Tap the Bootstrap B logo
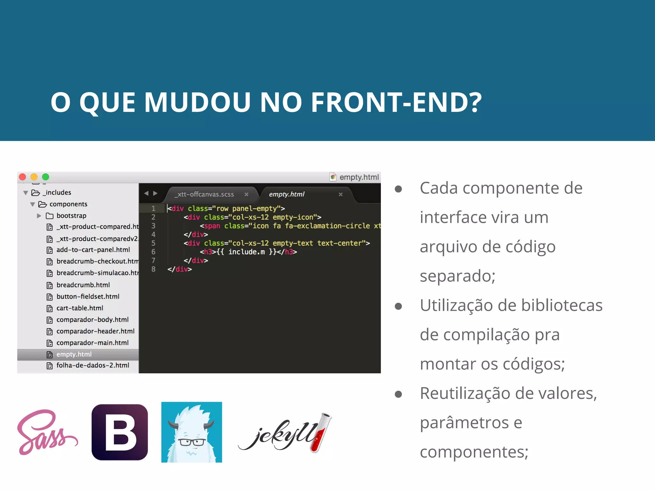tap(120, 432)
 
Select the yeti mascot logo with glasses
tap(192, 432)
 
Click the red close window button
tap(22, 177)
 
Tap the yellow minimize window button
tap(34, 177)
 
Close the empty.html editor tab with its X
tap(341, 194)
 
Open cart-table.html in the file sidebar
tap(80, 308)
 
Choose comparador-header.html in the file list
tap(95, 331)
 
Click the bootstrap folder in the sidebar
tap(71, 216)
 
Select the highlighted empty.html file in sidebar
tap(74, 354)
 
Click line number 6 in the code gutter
tap(154, 252)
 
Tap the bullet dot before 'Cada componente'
tap(399, 189)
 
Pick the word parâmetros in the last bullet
tap(464, 423)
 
